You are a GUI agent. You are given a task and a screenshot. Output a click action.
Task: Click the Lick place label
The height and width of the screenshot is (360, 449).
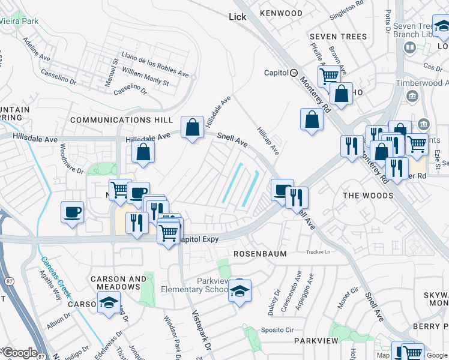click(x=238, y=17)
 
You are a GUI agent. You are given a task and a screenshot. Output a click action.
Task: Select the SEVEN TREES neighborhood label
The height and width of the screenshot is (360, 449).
click(x=338, y=37)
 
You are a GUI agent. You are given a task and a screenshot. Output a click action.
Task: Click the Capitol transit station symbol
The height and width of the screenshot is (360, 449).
click(x=294, y=73)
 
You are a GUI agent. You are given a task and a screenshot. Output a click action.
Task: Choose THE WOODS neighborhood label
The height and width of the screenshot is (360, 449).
click(x=368, y=196)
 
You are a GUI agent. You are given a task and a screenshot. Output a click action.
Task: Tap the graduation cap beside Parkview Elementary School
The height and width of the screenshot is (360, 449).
click(x=240, y=292)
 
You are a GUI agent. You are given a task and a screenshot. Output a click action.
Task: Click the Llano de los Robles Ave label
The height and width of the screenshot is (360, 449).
click(x=155, y=65)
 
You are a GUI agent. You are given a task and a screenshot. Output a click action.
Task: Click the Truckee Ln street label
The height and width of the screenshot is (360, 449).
click(x=319, y=252)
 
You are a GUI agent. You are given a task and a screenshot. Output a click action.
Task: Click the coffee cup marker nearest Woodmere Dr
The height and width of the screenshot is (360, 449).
click(x=72, y=212)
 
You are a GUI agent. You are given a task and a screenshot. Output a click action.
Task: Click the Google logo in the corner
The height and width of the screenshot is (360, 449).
click(x=19, y=353)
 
